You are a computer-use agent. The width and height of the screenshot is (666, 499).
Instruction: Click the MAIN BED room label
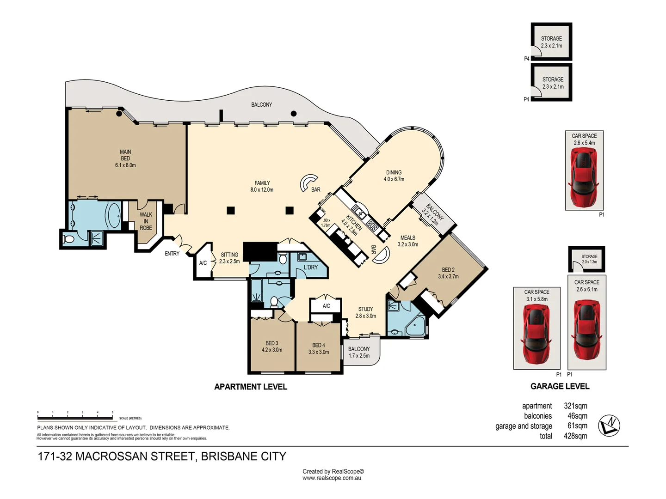point(125,158)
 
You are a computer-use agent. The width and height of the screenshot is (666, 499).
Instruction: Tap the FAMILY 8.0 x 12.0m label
point(262,186)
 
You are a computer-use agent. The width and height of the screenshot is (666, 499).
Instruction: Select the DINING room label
point(394,176)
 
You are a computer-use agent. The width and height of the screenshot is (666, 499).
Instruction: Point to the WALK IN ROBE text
point(146,221)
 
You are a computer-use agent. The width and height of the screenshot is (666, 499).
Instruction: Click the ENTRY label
point(172,254)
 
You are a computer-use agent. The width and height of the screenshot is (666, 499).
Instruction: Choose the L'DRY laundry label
point(311,268)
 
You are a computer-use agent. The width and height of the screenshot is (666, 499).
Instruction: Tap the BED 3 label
point(271,347)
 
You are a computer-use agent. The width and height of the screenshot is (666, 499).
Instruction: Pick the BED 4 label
point(319,348)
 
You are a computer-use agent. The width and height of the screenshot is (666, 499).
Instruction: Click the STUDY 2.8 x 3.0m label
point(365,312)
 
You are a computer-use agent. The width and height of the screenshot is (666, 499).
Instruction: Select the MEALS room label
point(407,241)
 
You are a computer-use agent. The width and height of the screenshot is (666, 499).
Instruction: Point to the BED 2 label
point(448,273)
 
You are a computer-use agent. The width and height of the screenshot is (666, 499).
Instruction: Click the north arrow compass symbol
point(609,426)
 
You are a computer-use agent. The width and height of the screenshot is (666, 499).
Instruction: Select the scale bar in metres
point(75,416)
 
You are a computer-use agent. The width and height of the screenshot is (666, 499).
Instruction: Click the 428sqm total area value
point(575,436)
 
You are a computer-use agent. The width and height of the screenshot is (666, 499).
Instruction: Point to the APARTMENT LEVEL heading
point(251,387)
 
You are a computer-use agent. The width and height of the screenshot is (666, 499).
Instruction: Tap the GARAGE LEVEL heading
point(560,386)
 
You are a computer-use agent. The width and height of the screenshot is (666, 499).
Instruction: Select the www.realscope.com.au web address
point(332,478)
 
